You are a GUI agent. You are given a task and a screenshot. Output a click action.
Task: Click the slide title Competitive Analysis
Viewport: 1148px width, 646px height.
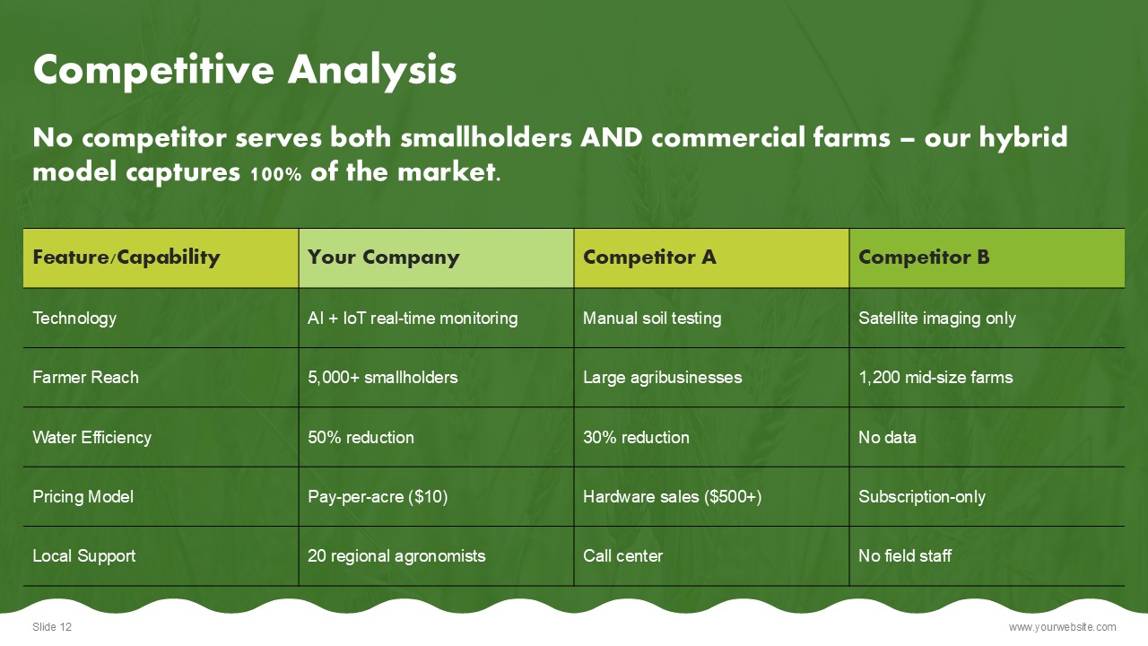point(245,70)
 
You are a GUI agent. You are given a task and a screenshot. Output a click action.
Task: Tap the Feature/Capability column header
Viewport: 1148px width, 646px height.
point(126,257)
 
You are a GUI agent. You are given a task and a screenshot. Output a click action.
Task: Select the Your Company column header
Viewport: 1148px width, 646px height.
point(383,257)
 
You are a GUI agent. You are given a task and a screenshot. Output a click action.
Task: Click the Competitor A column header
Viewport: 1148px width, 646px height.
point(649,257)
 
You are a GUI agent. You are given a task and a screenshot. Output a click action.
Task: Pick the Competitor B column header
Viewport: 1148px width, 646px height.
point(924,257)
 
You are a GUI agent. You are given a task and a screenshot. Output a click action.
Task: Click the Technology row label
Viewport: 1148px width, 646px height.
point(74,319)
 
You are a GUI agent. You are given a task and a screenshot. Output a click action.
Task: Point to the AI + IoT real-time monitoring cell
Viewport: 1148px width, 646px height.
point(413,319)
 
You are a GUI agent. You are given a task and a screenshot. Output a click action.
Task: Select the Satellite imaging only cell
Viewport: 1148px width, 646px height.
point(937,319)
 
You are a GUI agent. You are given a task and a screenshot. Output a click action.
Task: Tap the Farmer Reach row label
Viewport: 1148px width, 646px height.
point(85,378)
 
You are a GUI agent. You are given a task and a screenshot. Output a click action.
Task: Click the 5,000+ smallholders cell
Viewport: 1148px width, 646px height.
point(382,378)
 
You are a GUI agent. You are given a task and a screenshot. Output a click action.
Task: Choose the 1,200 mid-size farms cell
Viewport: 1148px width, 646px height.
point(935,378)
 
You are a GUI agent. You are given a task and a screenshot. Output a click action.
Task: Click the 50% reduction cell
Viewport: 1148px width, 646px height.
point(361,437)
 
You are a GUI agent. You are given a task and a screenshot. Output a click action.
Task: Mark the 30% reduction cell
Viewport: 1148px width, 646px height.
point(636,437)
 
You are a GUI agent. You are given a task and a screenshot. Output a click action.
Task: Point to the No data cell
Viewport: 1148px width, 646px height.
point(887,437)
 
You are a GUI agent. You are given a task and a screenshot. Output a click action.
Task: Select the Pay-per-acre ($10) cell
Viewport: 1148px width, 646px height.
point(378,497)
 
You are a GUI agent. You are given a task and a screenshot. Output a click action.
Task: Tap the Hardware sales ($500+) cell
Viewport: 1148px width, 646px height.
point(673,497)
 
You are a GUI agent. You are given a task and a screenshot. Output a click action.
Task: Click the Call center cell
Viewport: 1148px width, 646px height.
point(622,555)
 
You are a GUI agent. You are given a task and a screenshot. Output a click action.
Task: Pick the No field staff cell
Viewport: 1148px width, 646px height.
point(905,555)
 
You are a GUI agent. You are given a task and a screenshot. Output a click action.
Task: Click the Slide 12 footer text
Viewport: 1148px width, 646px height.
point(52,626)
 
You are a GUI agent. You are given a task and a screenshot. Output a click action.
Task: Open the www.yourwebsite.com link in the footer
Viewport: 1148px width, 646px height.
point(1063,627)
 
